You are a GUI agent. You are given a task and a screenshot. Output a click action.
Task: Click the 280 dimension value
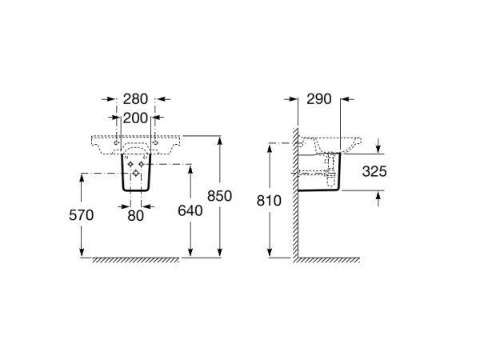coord(135,99)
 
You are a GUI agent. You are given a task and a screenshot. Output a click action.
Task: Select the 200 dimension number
coord(135,118)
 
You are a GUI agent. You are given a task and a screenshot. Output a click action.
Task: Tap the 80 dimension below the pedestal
coord(136,215)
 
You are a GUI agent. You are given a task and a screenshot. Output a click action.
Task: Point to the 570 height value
coord(81,215)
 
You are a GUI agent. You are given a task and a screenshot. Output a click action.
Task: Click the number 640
coord(190,210)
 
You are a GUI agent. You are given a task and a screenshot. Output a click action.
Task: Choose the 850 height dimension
coord(219,196)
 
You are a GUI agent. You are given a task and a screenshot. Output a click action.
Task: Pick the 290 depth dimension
coord(319,99)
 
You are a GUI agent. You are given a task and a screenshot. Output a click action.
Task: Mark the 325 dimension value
coord(374,171)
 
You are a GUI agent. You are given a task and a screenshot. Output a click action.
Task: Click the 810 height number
coord(269,201)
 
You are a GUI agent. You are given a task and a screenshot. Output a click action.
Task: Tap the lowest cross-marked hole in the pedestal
coord(136,174)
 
